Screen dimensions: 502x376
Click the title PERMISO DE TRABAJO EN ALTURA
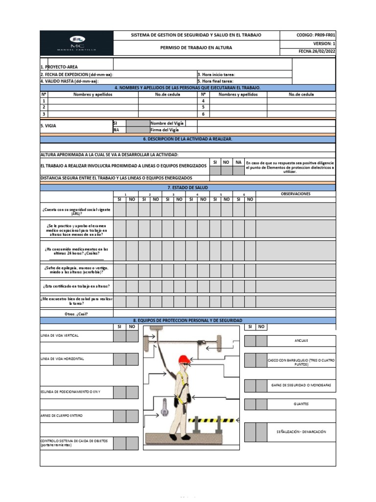point(196,48)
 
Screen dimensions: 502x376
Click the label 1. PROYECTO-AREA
point(59,67)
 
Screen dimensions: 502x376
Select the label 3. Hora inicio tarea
point(216,75)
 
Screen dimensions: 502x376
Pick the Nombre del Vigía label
point(167,123)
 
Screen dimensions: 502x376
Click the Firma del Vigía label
point(165,130)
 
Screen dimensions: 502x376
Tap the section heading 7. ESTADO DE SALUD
point(188,188)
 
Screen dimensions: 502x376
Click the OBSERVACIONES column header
point(295,194)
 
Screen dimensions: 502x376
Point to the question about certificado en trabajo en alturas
point(77,286)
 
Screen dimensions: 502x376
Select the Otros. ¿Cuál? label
point(76,313)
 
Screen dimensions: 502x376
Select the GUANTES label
point(301,404)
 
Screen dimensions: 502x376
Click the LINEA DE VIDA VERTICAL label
point(60,335)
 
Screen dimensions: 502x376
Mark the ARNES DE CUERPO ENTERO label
point(62,415)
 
